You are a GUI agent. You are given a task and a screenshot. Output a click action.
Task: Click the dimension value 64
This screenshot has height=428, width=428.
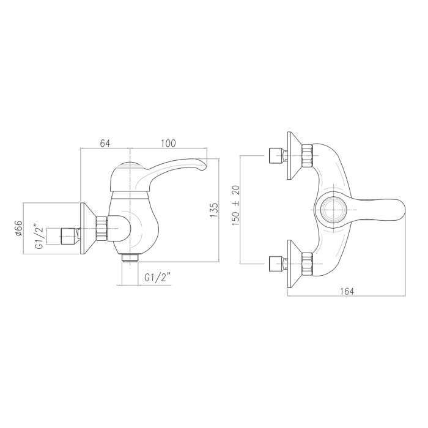105,143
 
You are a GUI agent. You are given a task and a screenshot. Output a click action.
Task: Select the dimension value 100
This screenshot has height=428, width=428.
168,143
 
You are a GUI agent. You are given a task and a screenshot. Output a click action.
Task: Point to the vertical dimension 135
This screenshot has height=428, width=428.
214,210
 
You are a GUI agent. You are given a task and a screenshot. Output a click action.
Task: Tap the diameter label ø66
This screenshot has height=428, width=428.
18,228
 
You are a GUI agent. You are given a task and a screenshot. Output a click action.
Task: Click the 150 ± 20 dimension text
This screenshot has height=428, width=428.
235,205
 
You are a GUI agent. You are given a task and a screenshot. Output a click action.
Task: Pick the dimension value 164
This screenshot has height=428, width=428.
347,291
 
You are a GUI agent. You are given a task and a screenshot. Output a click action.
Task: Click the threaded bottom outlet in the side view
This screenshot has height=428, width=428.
130,257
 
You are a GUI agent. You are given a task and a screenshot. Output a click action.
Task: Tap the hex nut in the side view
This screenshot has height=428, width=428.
101,229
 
